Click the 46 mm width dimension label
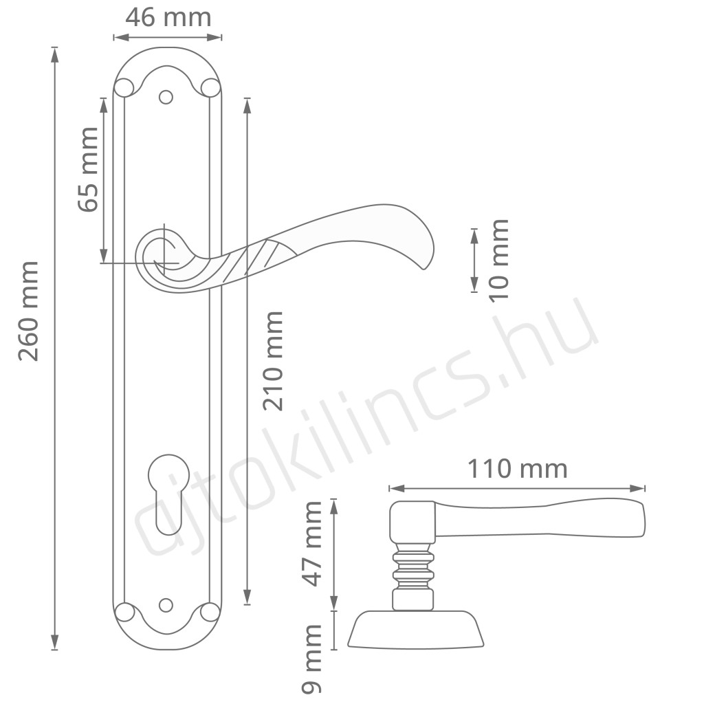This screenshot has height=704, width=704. (168, 17)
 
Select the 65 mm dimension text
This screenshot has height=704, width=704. (88, 169)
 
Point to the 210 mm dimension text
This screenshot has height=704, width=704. (273, 361)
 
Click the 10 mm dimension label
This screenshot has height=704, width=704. (498, 261)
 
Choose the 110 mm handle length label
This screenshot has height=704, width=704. (517, 469)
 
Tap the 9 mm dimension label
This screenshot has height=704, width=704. (311, 659)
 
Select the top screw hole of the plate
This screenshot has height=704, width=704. (166, 97)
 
